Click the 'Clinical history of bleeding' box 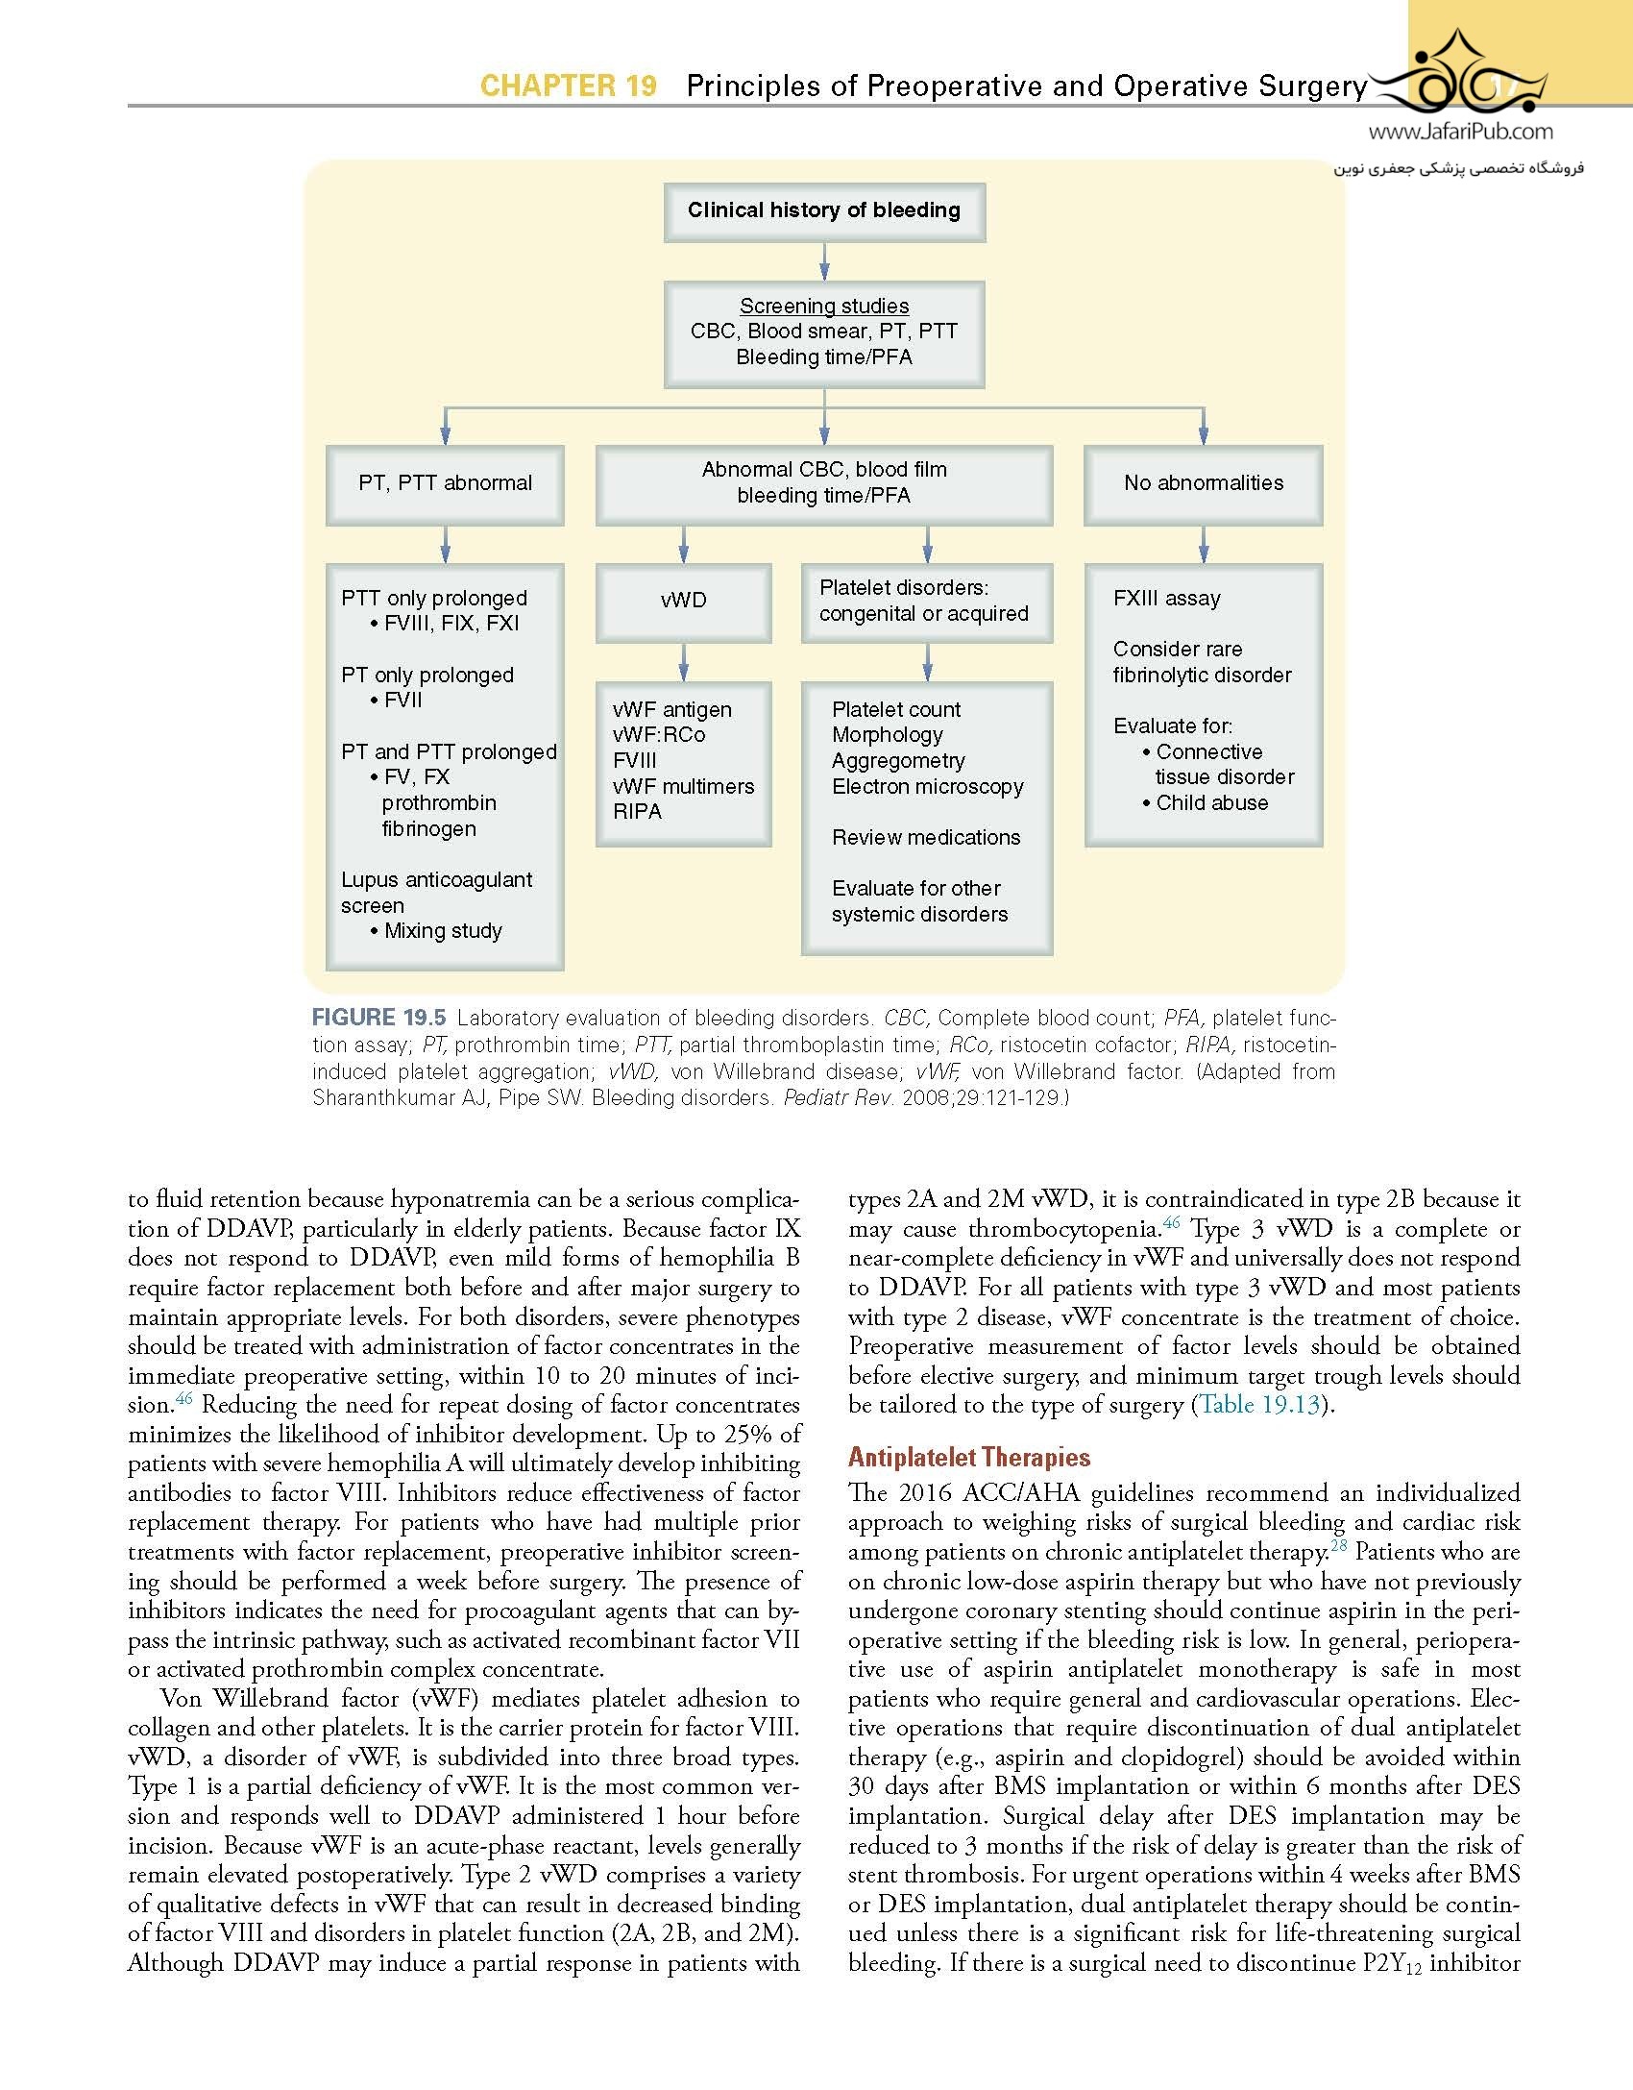[823, 210]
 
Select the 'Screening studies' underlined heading [823, 306]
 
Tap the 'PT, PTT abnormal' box [445, 483]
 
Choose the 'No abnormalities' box [1203, 483]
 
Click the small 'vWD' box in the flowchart [683, 601]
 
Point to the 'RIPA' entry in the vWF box [637, 812]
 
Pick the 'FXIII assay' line [1166, 599]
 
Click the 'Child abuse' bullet [1211, 803]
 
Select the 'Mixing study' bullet [443, 931]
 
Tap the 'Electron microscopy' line [927, 787]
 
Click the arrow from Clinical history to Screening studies [824, 260]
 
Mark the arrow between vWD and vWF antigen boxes [683, 662]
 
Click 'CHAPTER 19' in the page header [568, 86]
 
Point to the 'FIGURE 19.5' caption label [378, 1018]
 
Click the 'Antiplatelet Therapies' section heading [968, 1458]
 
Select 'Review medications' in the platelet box [926, 838]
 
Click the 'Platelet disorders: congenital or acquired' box [926, 602]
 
